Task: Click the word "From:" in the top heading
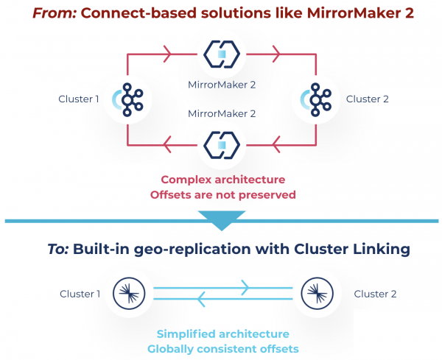click(55, 13)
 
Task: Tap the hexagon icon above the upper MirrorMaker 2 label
click(222, 54)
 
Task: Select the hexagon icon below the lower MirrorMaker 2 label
click(222, 145)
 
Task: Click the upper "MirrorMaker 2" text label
click(222, 85)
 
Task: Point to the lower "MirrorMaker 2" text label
click(222, 113)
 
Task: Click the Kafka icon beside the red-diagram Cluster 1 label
click(127, 99)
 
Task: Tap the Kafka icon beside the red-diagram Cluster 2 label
click(316, 99)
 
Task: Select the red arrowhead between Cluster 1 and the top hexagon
click(167, 54)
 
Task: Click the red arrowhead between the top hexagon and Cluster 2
click(276, 54)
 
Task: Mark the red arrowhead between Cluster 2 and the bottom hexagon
click(276, 145)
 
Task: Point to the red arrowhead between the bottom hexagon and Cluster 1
click(167, 145)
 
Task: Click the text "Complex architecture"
click(223, 180)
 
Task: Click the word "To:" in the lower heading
click(58, 249)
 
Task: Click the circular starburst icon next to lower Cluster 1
click(129, 294)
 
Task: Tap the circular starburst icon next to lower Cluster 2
click(317, 294)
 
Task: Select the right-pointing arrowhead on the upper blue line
click(245, 288)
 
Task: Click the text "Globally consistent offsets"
click(223, 349)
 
